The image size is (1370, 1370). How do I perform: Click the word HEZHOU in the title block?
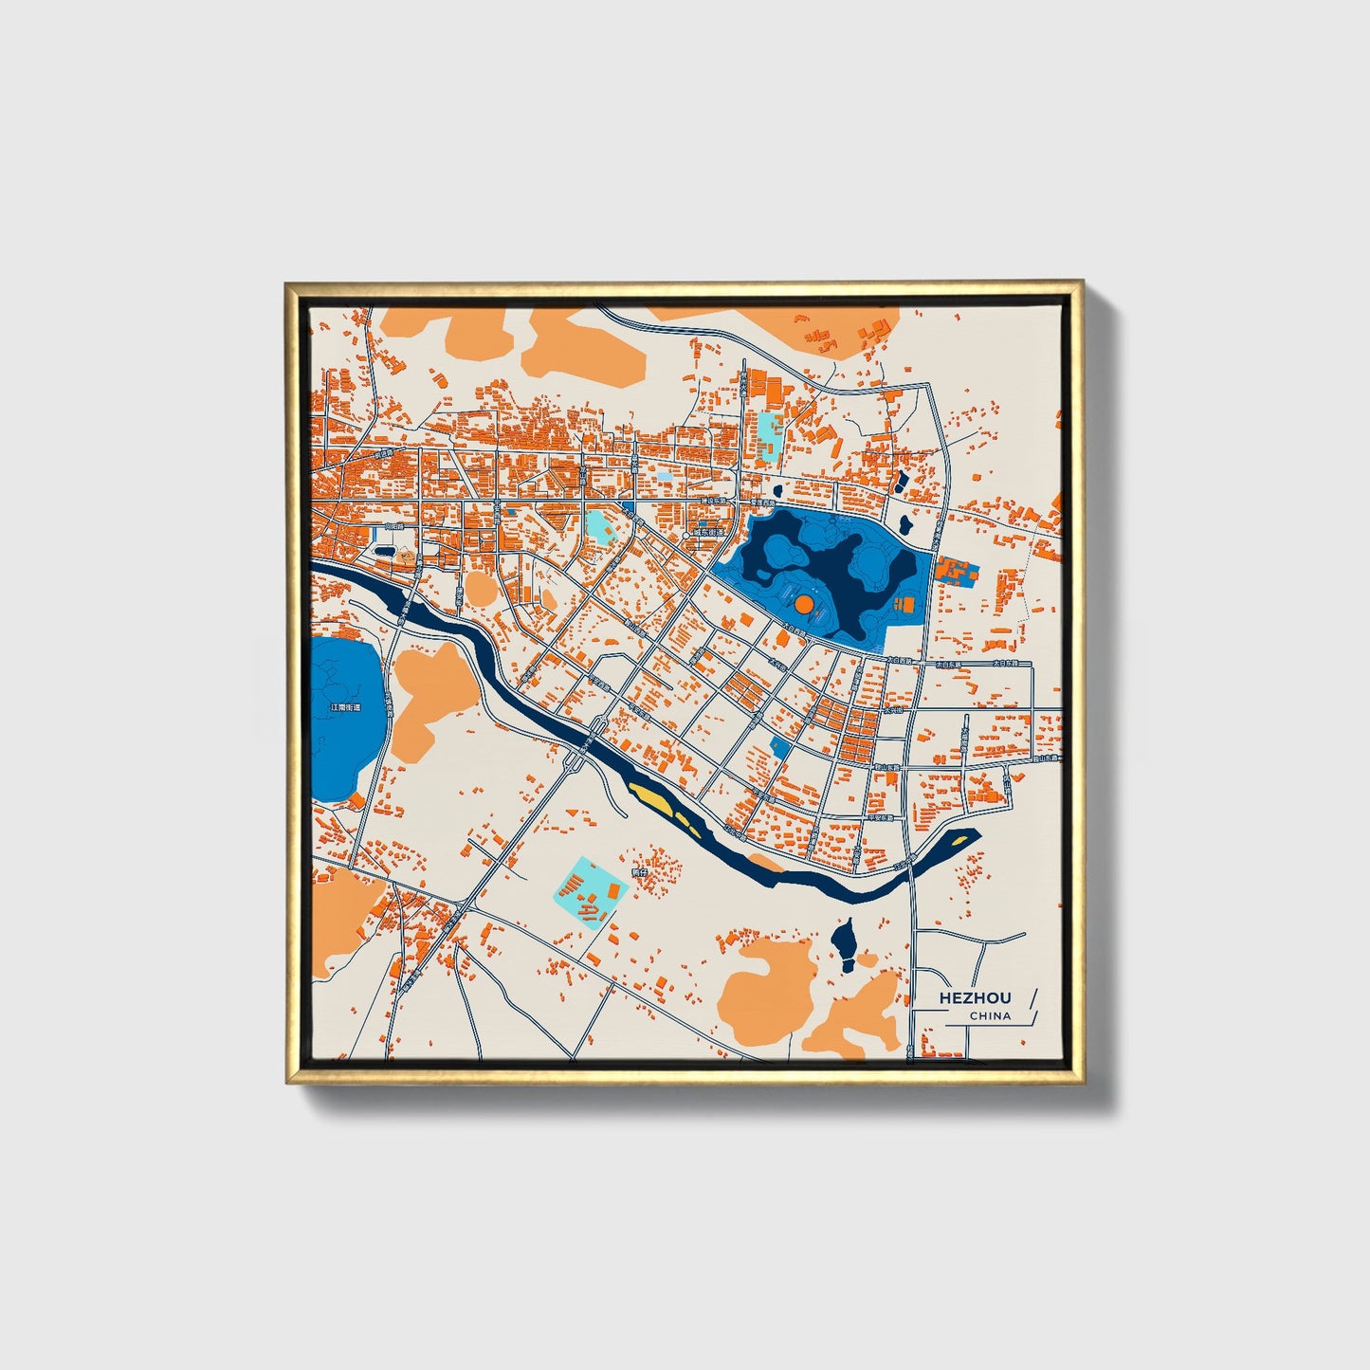click(x=975, y=997)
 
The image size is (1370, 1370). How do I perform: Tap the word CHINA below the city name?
click(x=990, y=1016)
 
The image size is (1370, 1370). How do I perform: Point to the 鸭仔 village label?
click(x=638, y=871)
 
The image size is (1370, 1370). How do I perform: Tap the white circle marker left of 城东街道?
click(x=685, y=537)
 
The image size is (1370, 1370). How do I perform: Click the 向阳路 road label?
click(x=394, y=525)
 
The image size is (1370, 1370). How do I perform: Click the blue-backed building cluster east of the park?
click(x=956, y=573)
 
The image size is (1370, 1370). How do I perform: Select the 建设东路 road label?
click(x=712, y=500)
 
